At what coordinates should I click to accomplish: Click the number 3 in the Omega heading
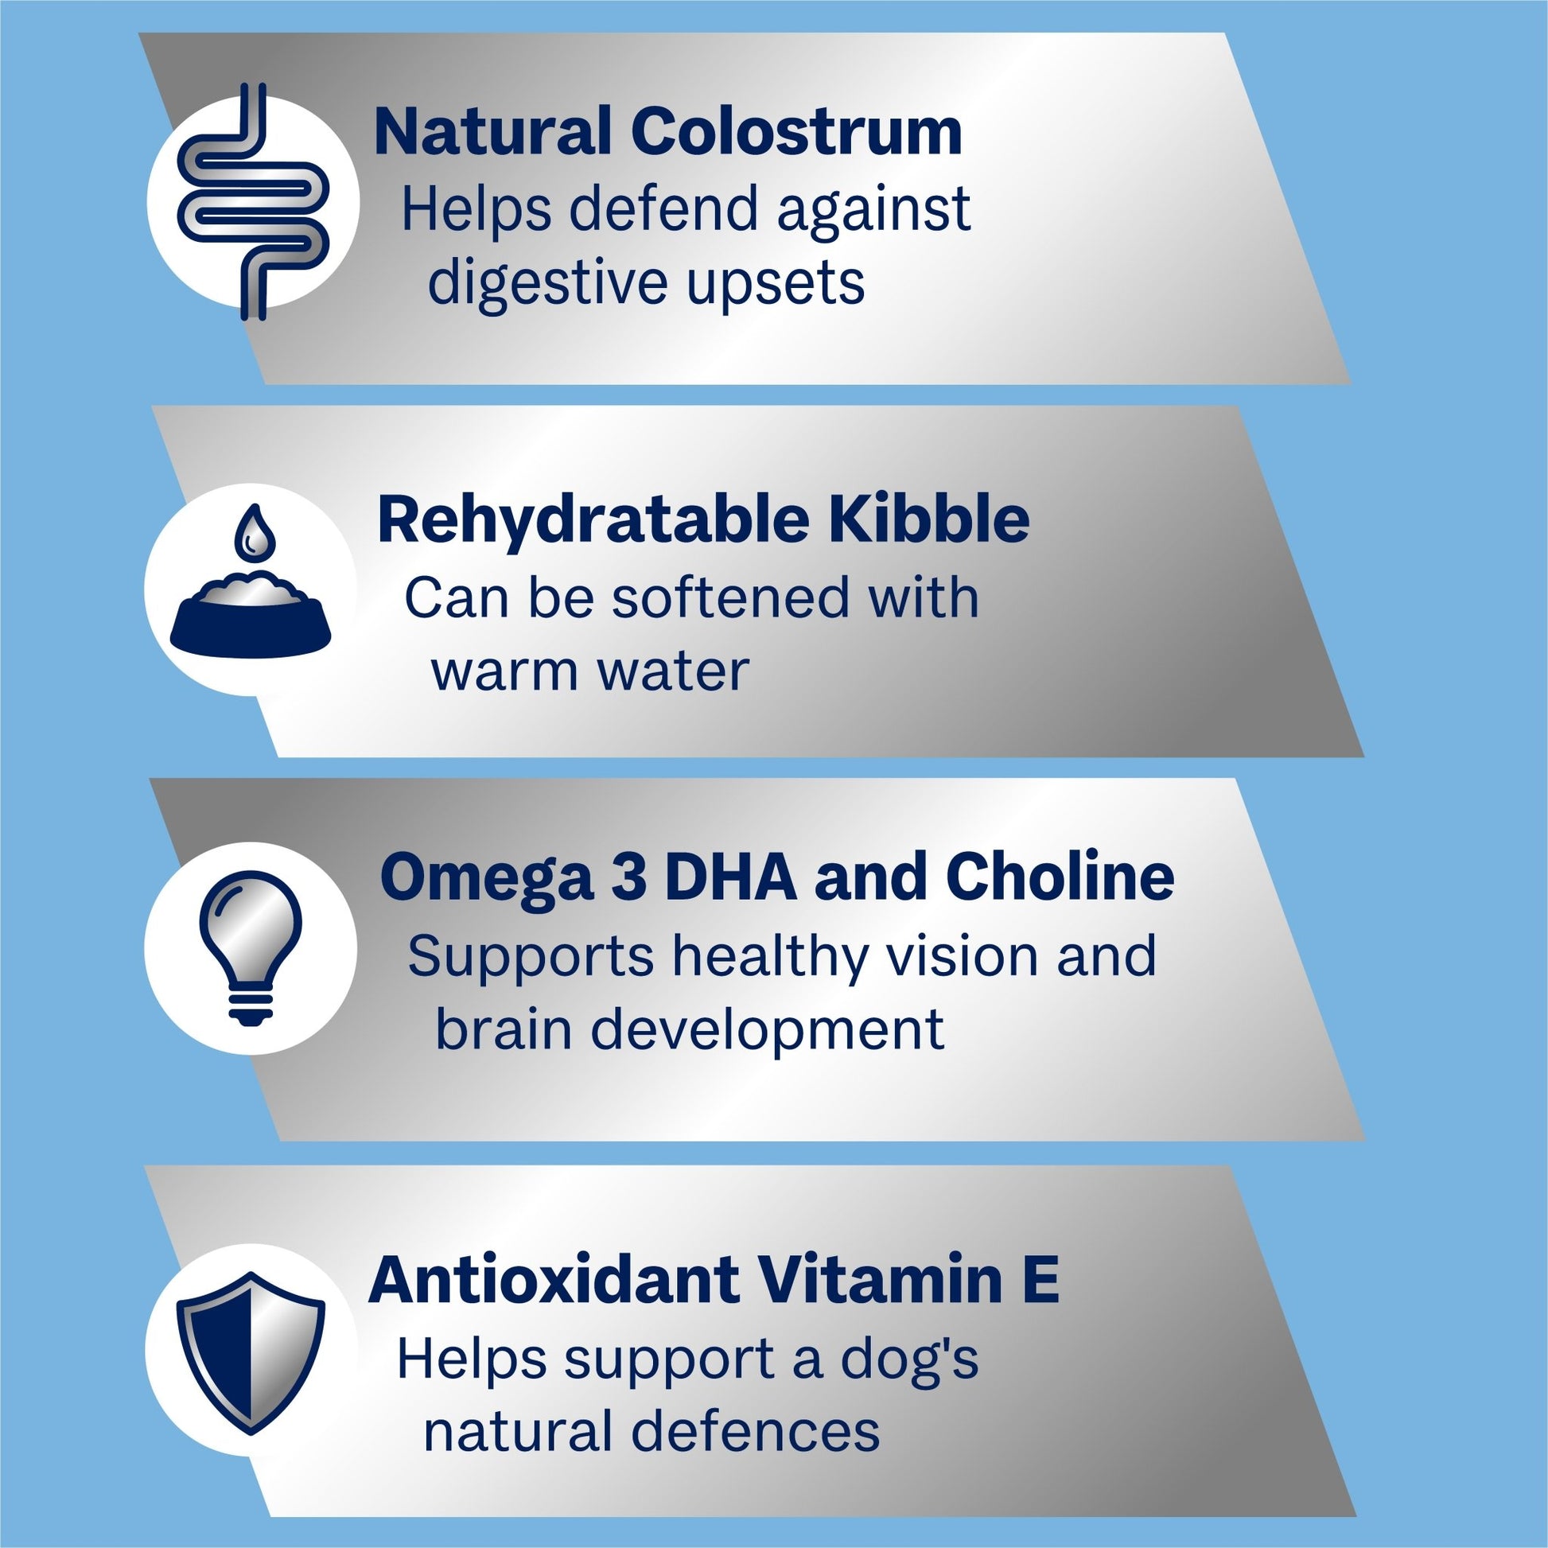pyautogui.click(x=628, y=877)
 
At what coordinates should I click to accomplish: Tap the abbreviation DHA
pyautogui.click(x=731, y=877)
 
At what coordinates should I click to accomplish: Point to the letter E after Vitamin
pyautogui.click(x=1040, y=1282)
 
